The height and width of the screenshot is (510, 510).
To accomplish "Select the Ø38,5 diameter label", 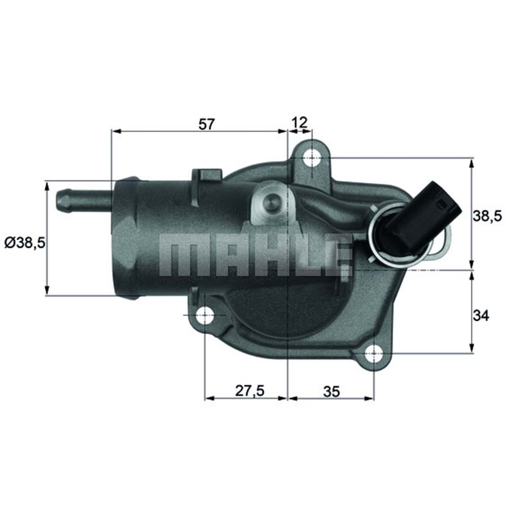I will coord(25,243).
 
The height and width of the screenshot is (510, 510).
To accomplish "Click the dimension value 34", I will coord(480,316).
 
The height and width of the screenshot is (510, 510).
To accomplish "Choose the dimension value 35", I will coord(331,391).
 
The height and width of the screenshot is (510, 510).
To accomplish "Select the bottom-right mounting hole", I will coord(374,352).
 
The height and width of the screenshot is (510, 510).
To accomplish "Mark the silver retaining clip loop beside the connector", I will coord(443,245).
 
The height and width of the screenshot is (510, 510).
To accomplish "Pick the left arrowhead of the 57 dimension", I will coord(116,132).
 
